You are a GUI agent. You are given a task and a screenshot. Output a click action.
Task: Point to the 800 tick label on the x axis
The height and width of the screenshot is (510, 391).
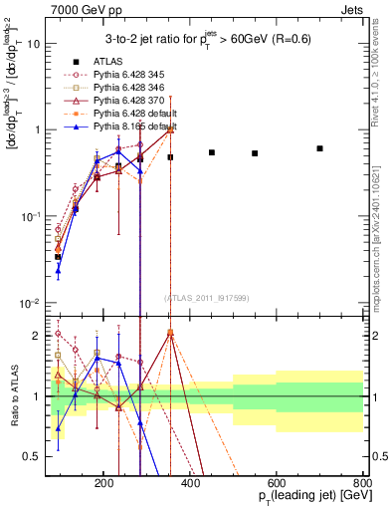[x=363, y=481]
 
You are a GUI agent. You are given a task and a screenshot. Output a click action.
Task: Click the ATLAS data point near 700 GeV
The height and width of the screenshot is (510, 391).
[x=319, y=148]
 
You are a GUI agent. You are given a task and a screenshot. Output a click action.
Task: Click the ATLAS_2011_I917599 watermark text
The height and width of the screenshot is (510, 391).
[x=205, y=299]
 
